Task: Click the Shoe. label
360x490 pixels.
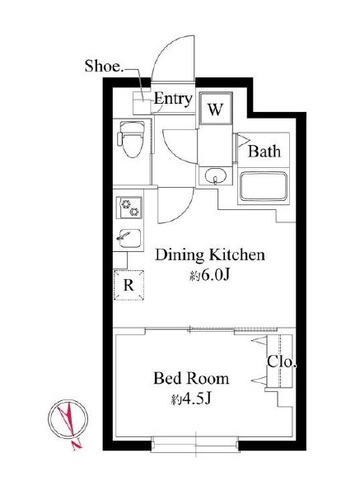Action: (x=105, y=66)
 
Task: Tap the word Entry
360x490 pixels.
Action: (x=173, y=99)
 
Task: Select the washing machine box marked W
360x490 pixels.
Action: (x=215, y=109)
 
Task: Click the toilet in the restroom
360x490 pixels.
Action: (x=131, y=139)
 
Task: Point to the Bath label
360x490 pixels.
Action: (x=264, y=152)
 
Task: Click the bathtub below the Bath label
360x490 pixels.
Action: (x=264, y=186)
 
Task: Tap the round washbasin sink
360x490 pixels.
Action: (x=214, y=175)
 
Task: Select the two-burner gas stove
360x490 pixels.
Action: (x=129, y=208)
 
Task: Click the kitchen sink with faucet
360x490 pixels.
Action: (x=129, y=238)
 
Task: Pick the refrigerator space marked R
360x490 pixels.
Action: (x=129, y=285)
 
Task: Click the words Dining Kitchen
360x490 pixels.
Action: (x=210, y=254)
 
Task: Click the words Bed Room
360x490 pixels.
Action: (x=191, y=379)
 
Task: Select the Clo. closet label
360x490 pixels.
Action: (x=281, y=362)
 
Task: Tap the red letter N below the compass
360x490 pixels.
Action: (x=77, y=445)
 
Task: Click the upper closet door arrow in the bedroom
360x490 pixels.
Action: (x=259, y=341)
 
